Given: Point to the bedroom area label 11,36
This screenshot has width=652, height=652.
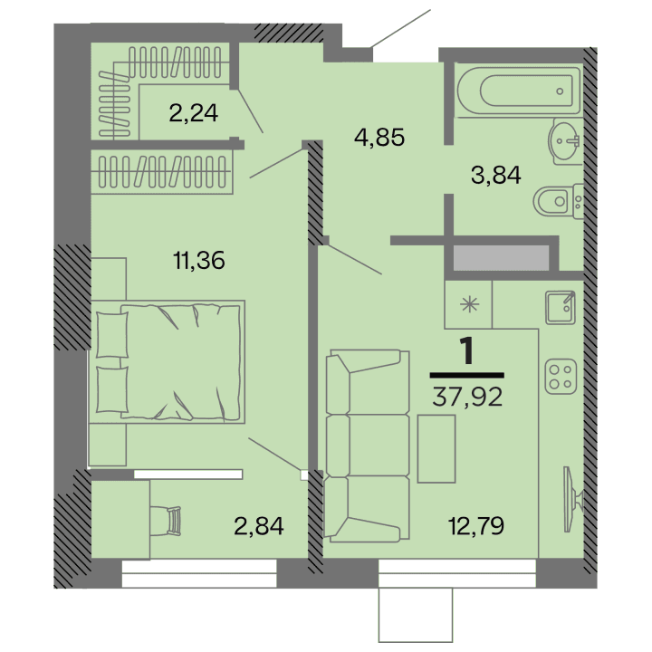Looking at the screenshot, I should pos(198,261).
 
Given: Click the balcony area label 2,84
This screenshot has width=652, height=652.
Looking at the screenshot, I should pos(259,525).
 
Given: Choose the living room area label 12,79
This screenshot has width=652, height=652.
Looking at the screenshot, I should pos(476,524).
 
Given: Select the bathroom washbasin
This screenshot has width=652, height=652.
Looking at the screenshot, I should pos(566,141).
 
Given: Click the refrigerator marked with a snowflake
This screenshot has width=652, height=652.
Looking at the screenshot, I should pos(468,303).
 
